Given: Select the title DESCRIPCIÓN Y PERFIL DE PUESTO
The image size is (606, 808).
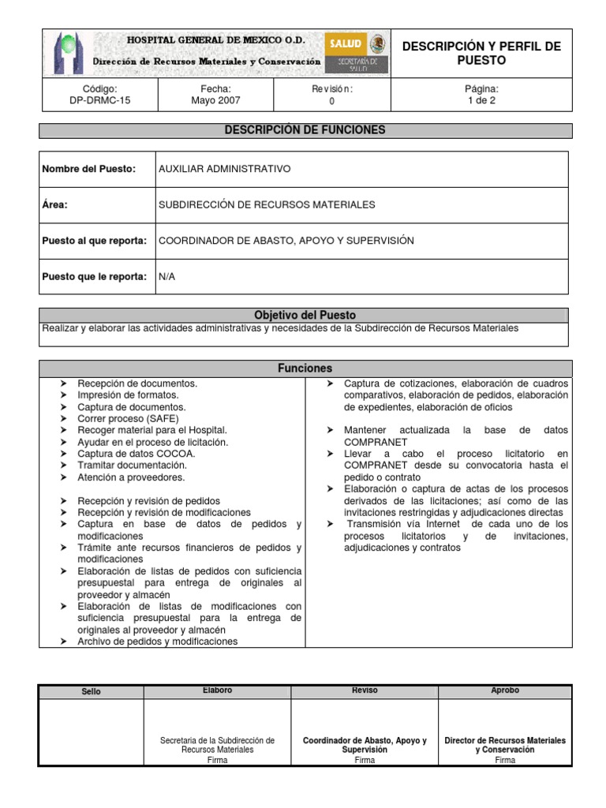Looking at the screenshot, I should pos(481,53).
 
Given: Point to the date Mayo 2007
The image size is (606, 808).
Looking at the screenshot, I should pos(215,101).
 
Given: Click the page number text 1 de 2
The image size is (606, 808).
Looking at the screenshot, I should pos(481,101).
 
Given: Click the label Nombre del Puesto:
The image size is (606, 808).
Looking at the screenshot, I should pos(89,169).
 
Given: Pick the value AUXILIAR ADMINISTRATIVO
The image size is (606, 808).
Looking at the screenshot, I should pos(225,169).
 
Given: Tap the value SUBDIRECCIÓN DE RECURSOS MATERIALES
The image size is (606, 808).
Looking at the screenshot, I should pos(267,205).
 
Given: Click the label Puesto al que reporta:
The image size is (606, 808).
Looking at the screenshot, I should pos(94,241).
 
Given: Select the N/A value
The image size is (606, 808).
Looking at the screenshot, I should pos(166,277).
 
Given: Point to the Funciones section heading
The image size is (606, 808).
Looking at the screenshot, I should pos(305,368).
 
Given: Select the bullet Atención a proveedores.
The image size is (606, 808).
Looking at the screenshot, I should pos(131,477).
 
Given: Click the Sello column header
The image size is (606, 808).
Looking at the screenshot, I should pos(92,692).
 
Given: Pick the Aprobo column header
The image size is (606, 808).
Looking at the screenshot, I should pos(505,690).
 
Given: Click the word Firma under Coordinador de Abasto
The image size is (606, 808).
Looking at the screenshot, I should pos(365,761).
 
